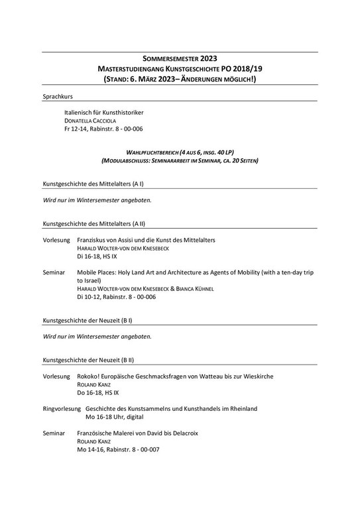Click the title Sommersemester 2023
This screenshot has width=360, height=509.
pyautogui.click(x=180, y=58)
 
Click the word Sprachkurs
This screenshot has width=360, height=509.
pyautogui.click(x=58, y=97)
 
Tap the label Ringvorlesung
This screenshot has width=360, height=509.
pyautogui.click(x=62, y=409)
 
